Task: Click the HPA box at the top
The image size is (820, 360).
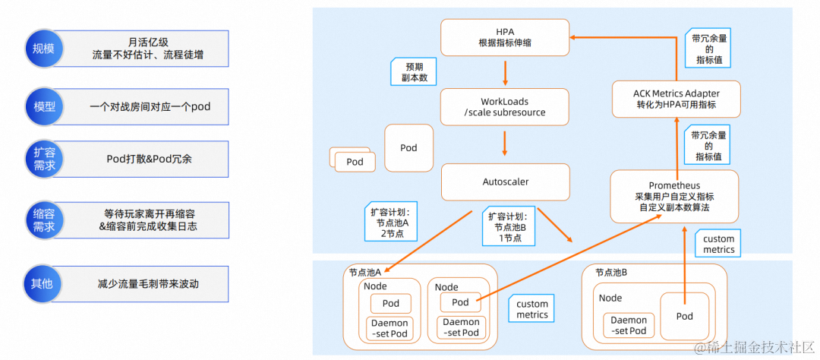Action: [x=504, y=37]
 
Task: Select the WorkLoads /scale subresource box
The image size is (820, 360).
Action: [x=504, y=107]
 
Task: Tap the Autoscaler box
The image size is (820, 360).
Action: [x=505, y=182]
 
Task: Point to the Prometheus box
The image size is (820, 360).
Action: [x=674, y=196]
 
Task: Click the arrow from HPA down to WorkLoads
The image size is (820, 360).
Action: [x=505, y=72]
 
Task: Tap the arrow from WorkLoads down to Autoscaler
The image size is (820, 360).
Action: [x=505, y=144]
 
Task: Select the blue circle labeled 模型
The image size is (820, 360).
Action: [x=43, y=106]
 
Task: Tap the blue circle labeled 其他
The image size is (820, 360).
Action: [x=43, y=283]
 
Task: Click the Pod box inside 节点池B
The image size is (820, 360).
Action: [x=685, y=316]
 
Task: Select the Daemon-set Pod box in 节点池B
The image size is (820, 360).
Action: [x=629, y=325]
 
